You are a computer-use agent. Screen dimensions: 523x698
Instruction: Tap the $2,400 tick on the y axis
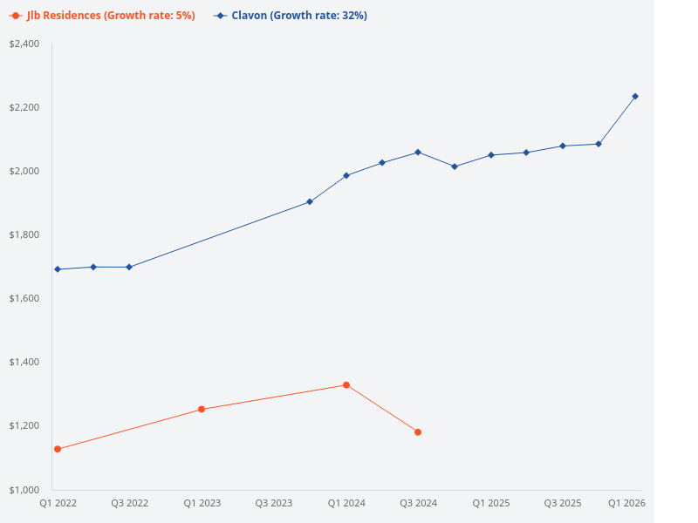pos(24,44)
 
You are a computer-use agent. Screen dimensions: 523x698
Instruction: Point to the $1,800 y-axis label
pos(24,234)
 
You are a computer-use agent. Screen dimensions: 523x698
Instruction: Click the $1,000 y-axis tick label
pos(24,489)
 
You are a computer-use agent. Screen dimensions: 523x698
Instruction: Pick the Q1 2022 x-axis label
pos(58,503)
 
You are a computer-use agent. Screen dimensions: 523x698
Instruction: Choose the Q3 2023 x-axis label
pos(274,503)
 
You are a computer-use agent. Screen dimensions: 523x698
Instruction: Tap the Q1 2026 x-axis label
pos(626,503)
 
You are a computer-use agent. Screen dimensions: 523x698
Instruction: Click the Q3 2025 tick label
pos(563,503)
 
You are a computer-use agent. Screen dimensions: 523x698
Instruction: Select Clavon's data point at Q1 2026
pos(635,96)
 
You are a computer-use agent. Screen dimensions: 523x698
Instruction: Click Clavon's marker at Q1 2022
pos(58,269)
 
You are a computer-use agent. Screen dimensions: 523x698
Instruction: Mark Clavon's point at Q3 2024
pos(418,152)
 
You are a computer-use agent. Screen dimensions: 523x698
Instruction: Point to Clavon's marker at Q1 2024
pos(346,175)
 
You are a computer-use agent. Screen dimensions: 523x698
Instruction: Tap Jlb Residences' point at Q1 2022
pos(58,449)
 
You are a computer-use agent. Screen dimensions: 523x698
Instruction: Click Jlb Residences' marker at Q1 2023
pos(202,409)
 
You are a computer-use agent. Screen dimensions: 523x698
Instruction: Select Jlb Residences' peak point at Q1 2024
pos(346,384)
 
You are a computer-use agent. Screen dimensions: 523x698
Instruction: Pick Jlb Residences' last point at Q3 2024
pos(418,432)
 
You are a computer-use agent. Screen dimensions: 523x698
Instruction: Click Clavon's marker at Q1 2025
pos(491,155)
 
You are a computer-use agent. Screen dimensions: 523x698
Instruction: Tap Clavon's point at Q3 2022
pos(129,267)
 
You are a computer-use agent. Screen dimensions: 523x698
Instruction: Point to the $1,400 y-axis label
pos(24,362)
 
